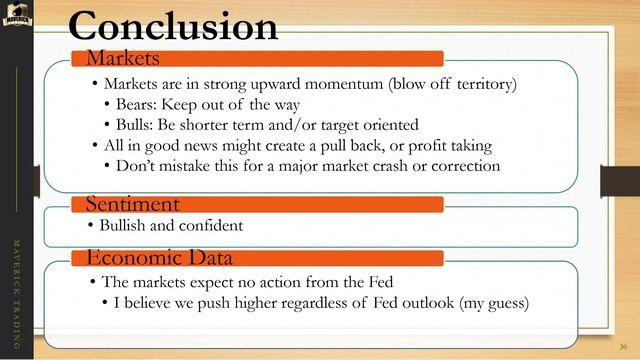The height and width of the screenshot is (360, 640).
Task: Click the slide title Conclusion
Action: (x=173, y=26)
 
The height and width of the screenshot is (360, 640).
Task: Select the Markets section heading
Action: (x=123, y=57)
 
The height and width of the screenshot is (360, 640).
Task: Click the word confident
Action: (x=210, y=226)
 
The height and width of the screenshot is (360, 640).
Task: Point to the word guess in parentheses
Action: (x=504, y=301)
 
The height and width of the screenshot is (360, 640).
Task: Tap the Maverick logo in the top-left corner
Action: (x=17, y=15)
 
